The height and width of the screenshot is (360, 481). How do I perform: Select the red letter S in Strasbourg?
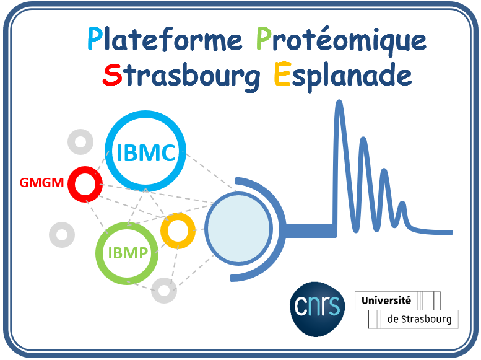112,75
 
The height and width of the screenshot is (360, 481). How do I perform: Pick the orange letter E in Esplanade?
282,75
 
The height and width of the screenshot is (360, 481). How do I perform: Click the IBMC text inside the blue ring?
145,152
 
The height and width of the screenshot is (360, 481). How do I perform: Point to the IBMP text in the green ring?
128,253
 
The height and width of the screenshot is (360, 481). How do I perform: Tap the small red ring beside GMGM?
85,184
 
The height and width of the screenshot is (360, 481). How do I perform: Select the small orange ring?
178,230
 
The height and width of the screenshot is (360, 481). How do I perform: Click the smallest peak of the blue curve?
403,206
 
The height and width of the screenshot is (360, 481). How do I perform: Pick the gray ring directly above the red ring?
80,143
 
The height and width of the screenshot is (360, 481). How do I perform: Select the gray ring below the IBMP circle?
164,290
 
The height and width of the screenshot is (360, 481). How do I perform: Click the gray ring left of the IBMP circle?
62,234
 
